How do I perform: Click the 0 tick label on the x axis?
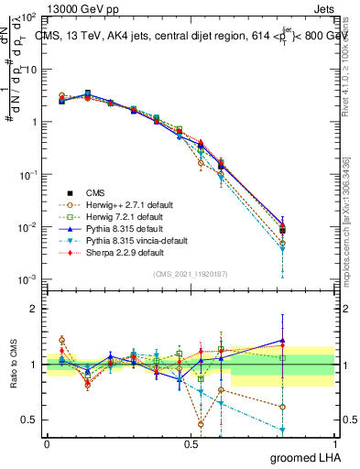(x=47, y=443)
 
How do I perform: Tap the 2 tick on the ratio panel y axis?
(x=35, y=309)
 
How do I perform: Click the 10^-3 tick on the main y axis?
(x=28, y=279)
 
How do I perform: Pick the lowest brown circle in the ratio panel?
(x=201, y=424)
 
